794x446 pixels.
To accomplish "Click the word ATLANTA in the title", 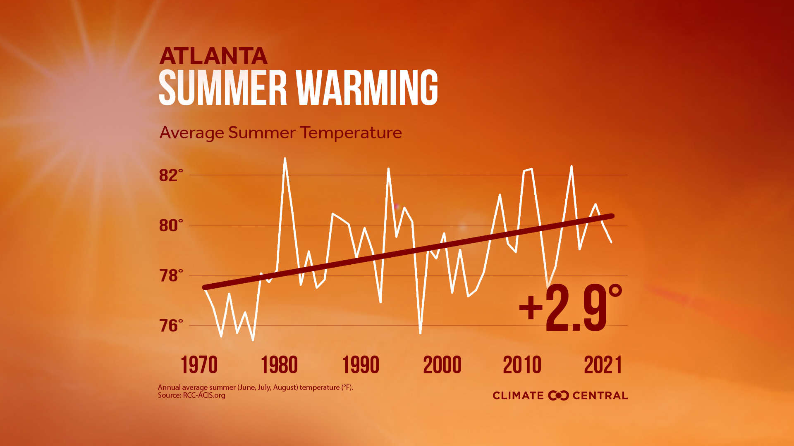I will (213, 56).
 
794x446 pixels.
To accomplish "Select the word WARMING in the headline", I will (367, 88).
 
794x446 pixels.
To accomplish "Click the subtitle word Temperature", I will (351, 133).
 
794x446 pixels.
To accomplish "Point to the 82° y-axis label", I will (170, 176).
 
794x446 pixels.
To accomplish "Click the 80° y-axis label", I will (170, 225).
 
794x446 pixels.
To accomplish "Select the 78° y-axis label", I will (170, 275).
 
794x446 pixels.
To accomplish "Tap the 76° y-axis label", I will (170, 326).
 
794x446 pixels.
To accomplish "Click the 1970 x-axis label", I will (199, 365).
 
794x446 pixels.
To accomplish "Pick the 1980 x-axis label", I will (279, 365).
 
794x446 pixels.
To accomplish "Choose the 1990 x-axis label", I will (361, 365).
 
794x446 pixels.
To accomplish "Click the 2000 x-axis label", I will (442, 365).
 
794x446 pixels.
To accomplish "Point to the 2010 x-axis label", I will (522, 365).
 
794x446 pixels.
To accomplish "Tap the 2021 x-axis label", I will (603, 365).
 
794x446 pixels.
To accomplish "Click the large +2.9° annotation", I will (571, 308).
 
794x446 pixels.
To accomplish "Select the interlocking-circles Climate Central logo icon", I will (558, 396).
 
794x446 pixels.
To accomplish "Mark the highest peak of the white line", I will (285, 159).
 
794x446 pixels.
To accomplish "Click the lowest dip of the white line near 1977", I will (253, 339).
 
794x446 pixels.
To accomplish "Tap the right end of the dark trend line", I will (612, 216).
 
